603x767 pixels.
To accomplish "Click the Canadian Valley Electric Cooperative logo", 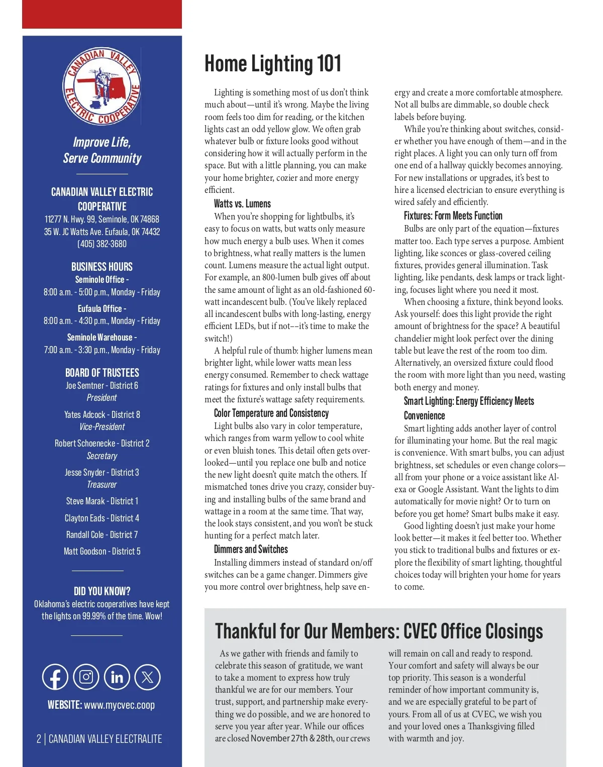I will coord(102,86).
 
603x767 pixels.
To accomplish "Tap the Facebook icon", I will coord(55,677).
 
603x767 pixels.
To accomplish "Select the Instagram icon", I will coord(86,677).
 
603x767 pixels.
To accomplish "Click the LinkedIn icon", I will coord(117,677).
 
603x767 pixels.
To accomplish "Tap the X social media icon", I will coord(147,677).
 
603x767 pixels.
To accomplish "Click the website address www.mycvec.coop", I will coord(119,705).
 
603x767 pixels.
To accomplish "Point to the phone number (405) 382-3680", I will coord(102,244).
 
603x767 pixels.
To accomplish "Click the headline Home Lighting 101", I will coord(273,64).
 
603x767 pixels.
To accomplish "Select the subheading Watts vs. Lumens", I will coord(242,204).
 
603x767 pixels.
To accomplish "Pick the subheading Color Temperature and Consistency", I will coord(271,413).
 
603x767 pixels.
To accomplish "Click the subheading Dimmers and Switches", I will coord(251,550).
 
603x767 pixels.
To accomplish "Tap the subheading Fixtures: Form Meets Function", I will coord(453,216).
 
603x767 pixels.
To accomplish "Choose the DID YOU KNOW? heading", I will coord(102,591).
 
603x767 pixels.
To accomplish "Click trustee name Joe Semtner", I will coord(85,386).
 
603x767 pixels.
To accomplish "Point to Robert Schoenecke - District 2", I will coord(102,444).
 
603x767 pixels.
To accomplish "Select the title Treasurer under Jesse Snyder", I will coord(102,485).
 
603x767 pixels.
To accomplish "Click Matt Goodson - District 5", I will coord(102,552).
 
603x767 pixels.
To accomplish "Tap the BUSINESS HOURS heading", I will coord(102,267).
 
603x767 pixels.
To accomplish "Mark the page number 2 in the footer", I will coord(39,739).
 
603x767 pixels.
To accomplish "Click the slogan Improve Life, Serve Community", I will coord(102,150).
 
